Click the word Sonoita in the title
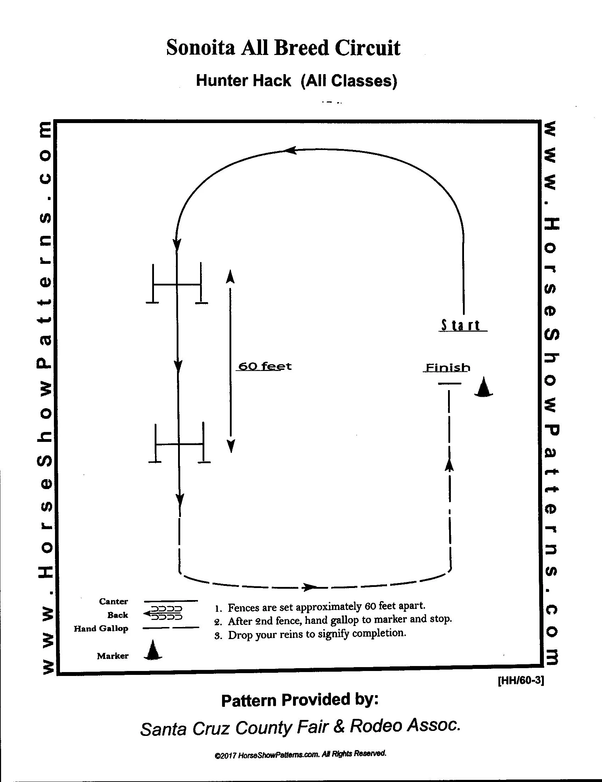(200, 48)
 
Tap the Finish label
(447, 368)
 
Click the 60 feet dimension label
(265, 366)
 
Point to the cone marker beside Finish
(483, 387)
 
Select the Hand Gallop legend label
(101, 628)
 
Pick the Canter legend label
(113, 601)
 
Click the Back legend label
(117, 615)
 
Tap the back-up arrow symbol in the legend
(163, 613)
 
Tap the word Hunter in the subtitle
(219, 81)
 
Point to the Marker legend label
(112, 656)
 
